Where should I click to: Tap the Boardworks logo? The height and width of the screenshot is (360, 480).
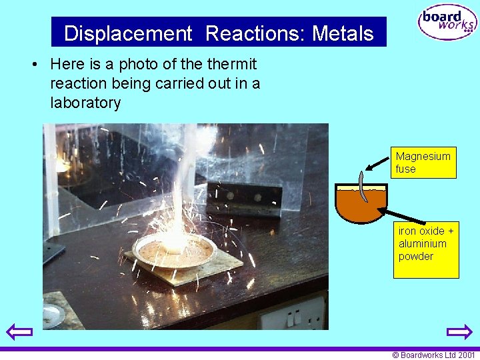click(x=447, y=23)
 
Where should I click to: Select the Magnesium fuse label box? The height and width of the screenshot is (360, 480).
click(x=424, y=163)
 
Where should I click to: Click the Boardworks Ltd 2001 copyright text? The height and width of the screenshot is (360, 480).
click(x=433, y=355)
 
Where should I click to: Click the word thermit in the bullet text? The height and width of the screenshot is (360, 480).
click(x=231, y=65)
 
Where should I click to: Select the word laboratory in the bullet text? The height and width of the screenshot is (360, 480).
click(x=85, y=103)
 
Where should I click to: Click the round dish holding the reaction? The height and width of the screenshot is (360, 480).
click(x=174, y=249)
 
